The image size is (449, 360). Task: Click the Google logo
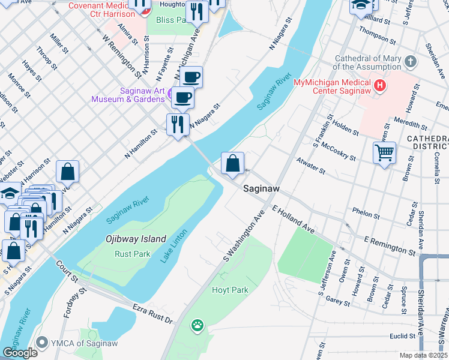coord(19,353)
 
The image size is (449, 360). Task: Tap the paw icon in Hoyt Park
coord(197,326)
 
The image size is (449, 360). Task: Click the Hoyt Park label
coord(230,290)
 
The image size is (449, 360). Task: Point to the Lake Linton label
coord(174,245)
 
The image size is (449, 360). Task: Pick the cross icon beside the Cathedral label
coord(411,62)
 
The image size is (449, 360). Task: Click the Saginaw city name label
coord(262,188)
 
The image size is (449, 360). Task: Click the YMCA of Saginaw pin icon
coord(41,343)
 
